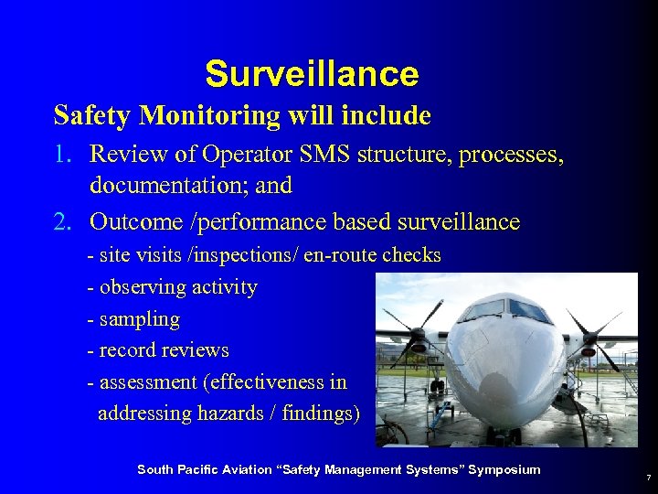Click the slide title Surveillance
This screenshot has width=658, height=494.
pos(312,73)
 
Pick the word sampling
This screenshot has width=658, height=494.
pos(139,319)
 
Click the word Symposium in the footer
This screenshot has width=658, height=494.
pos(504,469)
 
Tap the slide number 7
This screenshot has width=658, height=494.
pos(648,478)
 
